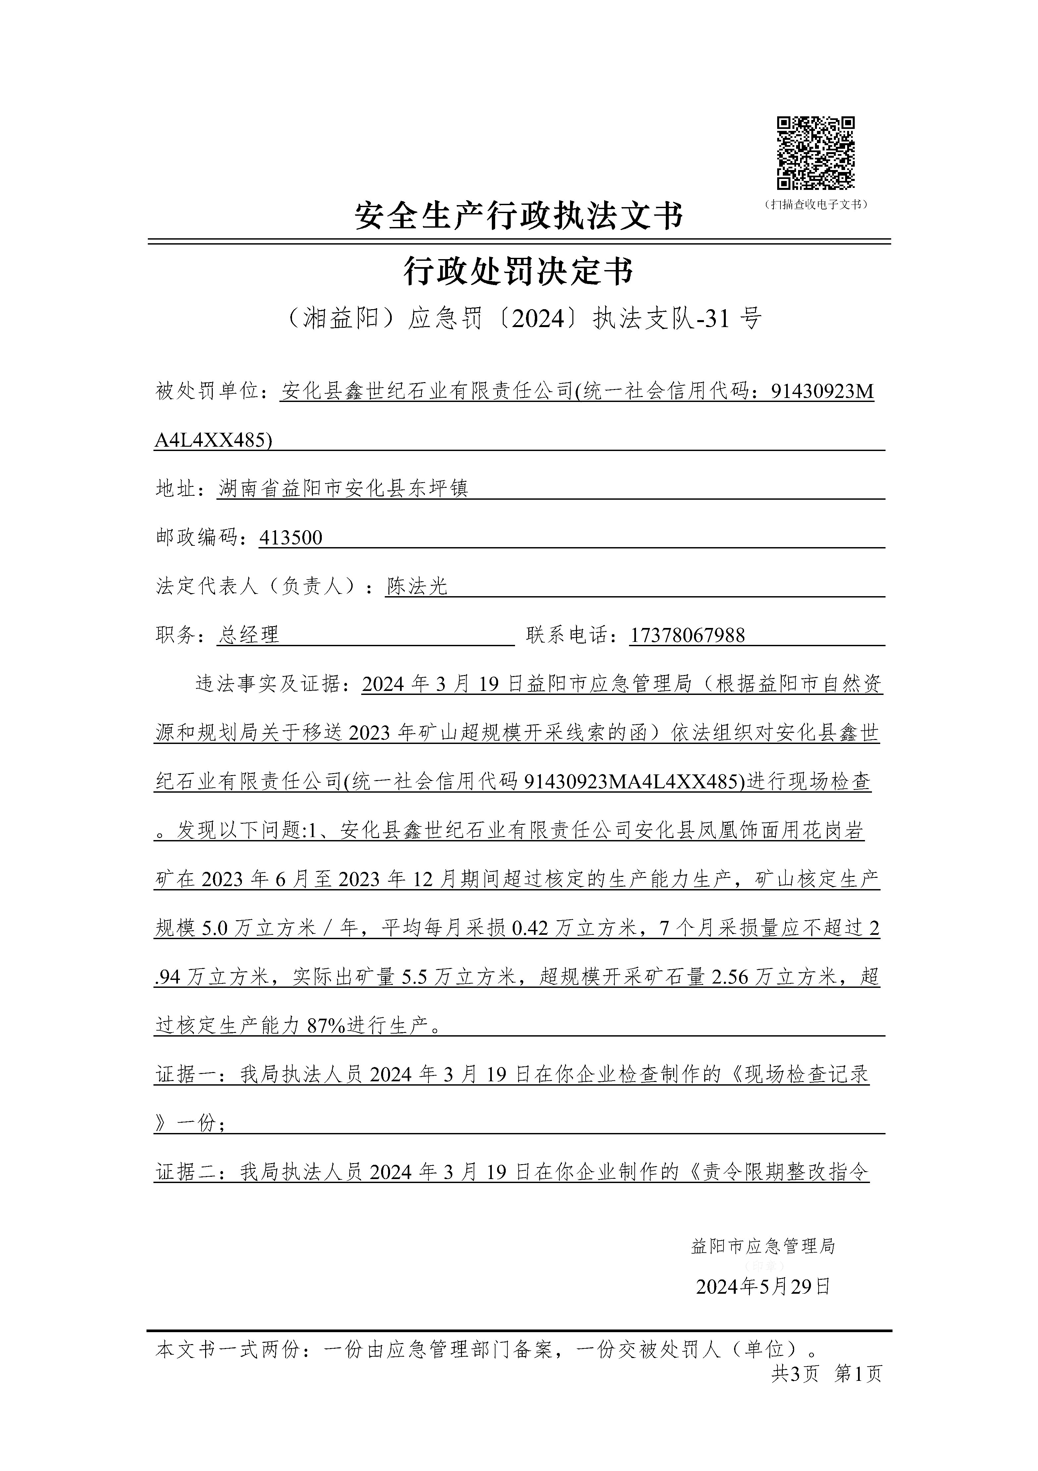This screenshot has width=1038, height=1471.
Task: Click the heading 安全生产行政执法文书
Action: [x=519, y=216]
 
